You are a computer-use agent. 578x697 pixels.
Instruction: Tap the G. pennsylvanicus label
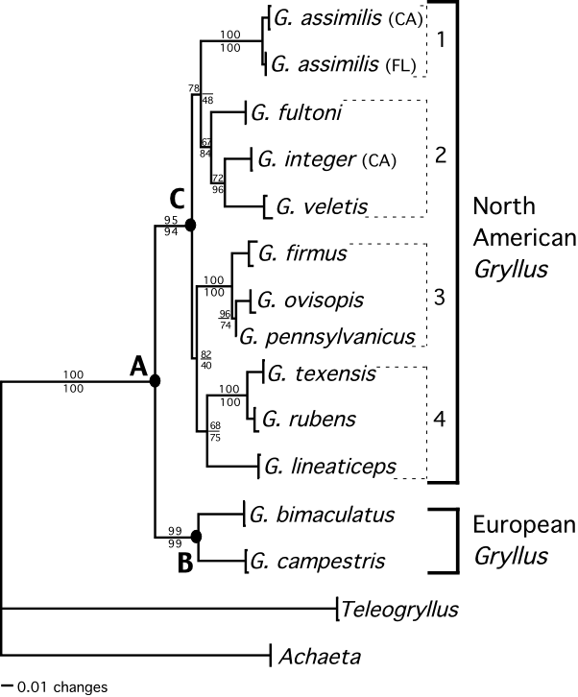[326, 336]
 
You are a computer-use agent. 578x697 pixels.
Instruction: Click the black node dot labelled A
[155, 382]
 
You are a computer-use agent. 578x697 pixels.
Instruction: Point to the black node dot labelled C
[190, 225]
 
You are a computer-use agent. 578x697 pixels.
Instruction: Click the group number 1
[442, 41]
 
